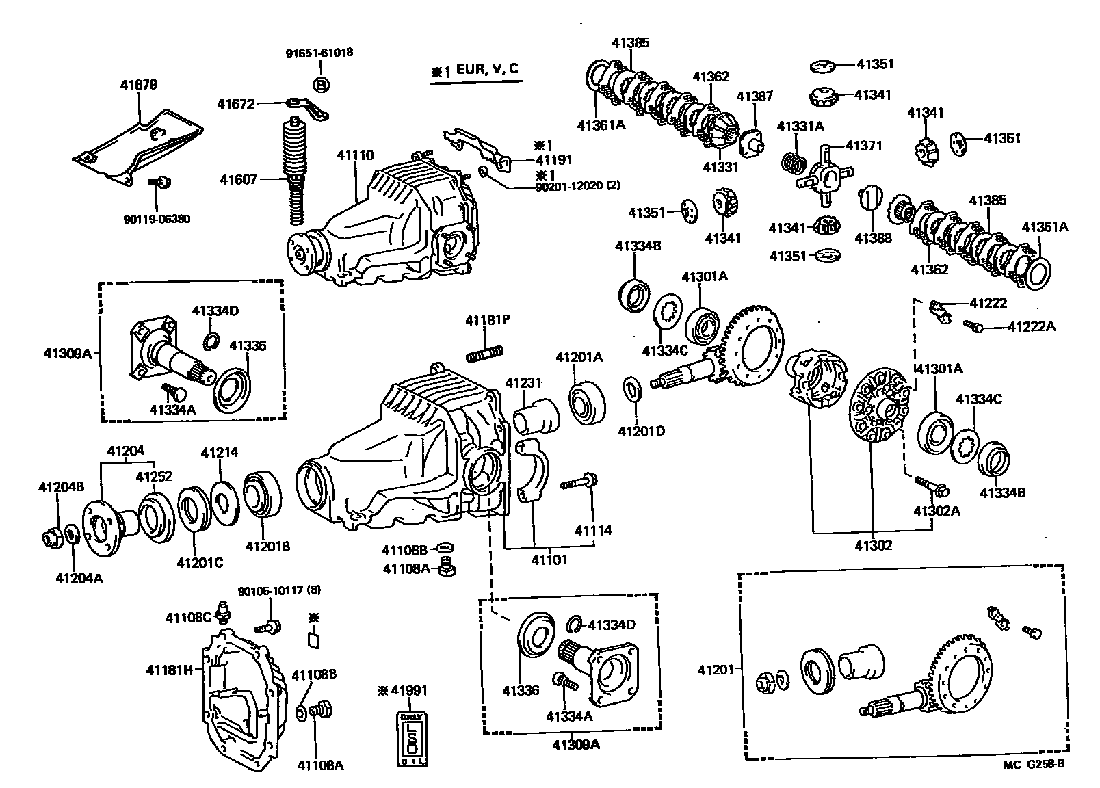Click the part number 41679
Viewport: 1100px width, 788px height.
(x=139, y=86)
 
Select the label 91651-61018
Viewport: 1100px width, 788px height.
(x=319, y=53)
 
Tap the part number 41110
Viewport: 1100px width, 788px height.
(x=355, y=155)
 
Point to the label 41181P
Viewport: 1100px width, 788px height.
(x=488, y=320)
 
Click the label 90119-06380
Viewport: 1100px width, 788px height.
(x=157, y=220)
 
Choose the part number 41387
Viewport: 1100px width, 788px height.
(x=755, y=96)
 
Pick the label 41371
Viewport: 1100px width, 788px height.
(x=864, y=146)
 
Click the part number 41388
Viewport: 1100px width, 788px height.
(x=874, y=238)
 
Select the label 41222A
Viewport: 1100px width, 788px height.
(x=1031, y=327)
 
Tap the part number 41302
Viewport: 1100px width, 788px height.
(x=874, y=545)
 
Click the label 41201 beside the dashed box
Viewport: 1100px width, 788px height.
(x=716, y=670)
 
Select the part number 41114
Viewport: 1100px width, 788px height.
(x=593, y=530)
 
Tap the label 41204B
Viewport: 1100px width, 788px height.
(x=61, y=487)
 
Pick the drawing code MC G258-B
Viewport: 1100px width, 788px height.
(x=1034, y=765)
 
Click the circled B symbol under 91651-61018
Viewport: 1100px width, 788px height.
(x=320, y=84)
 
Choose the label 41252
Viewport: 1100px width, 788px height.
(x=154, y=476)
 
